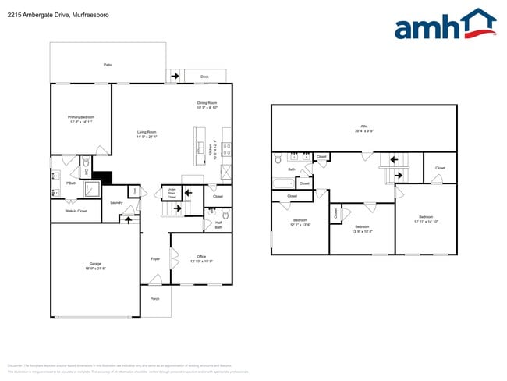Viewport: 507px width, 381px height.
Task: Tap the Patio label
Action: [107, 64]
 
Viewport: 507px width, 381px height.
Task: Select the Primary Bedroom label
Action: [81, 119]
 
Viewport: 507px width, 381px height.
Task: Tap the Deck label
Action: [204, 77]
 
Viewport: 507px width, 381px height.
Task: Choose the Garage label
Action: [94, 266]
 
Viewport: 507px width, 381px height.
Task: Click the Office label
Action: [200, 258]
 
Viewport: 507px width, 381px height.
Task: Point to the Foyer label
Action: [155, 259]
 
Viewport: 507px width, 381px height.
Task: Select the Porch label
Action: [154, 297]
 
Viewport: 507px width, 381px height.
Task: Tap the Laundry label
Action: [116, 203]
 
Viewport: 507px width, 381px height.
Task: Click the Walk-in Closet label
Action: [76, 211]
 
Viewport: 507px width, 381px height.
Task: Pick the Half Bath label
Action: [218, 225]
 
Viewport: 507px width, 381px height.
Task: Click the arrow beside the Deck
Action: [175, 76]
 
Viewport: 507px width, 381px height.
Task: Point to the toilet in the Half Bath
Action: [225, 214]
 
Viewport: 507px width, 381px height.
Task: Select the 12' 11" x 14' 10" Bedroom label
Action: [425, 219]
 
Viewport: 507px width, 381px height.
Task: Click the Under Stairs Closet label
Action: [172, 194]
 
